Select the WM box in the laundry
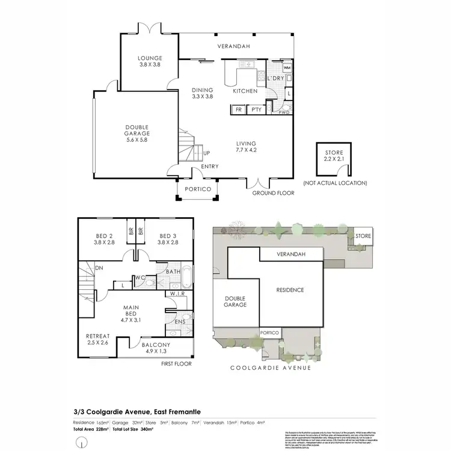287,68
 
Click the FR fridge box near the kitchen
238,109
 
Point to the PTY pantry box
256,109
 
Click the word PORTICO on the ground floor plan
198,189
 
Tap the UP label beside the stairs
207,153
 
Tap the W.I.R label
176,294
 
